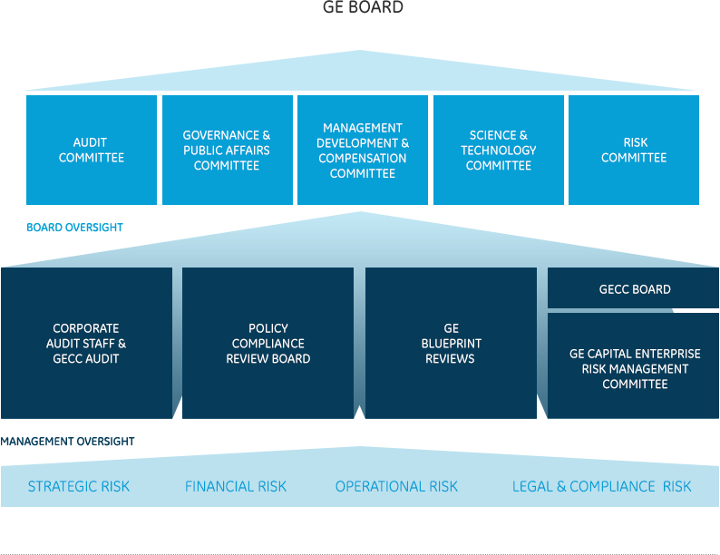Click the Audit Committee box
91,150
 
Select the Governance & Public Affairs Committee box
227,150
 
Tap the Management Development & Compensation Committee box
363,150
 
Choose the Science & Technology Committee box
498,150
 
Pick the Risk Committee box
634,150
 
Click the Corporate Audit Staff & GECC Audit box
86,343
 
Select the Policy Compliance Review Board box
268,343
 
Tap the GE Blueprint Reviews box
451,343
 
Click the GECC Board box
635,289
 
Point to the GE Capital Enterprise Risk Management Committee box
635,368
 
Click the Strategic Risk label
79,487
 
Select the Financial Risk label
236,487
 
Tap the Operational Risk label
396,487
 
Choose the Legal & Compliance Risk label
601,487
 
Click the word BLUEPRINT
451,344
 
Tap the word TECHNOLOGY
498,151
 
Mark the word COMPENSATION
362,158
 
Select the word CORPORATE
86,328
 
